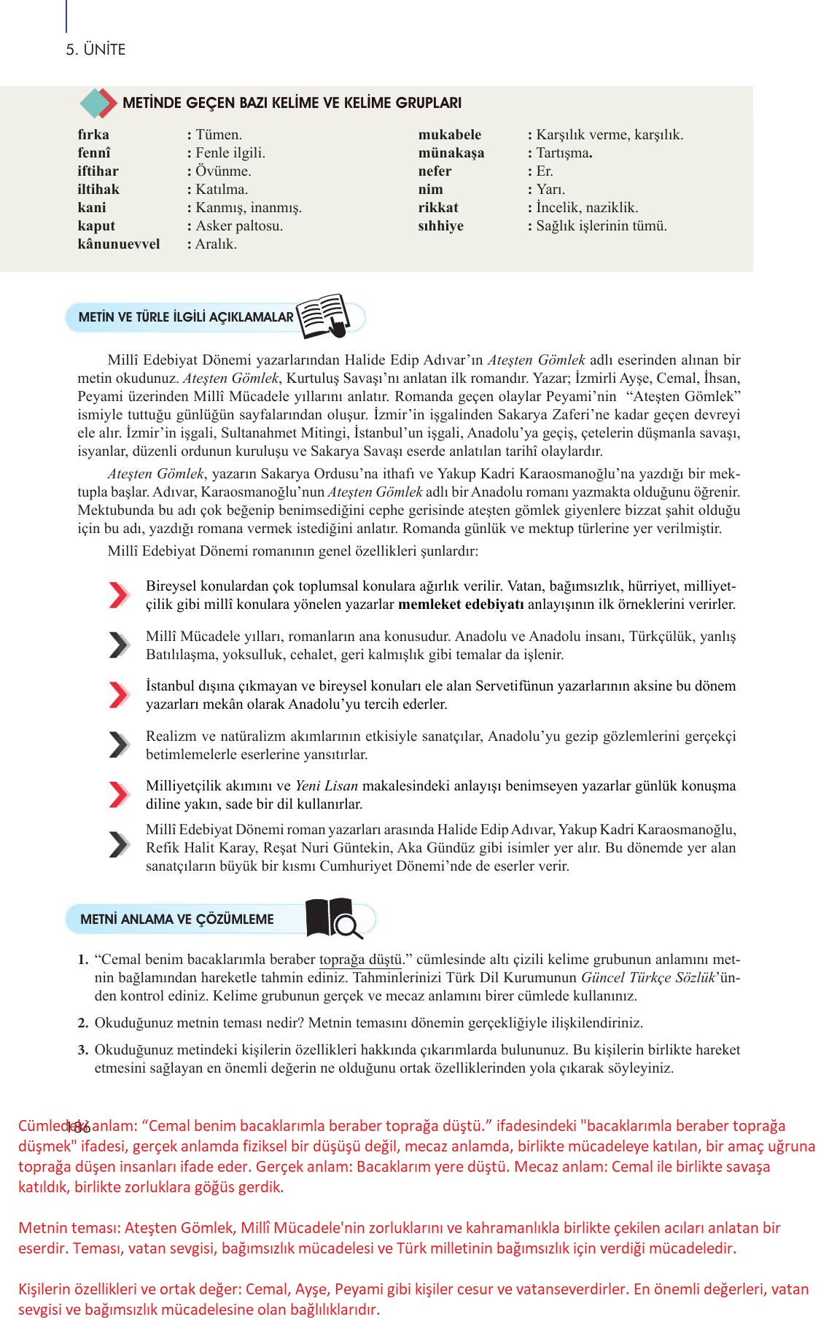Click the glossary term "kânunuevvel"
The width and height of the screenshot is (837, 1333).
(x=118, y=244)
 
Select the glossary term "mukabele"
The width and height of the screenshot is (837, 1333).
(x=449, y=135)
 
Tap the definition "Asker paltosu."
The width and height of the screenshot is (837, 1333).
(x=239, y=226)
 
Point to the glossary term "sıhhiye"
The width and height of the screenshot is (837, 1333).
(x=440, y=226)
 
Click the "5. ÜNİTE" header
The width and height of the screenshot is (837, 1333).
(x=96, y=50)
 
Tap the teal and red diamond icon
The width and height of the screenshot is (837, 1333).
(x=98, y=104)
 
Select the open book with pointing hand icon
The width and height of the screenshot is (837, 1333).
(x=323, y=316)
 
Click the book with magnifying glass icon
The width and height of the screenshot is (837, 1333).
(x=333, y=918)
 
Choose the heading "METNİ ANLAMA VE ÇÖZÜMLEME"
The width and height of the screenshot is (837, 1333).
(x=177, y=920)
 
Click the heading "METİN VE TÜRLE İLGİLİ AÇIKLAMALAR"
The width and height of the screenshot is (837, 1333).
(x=179, y=317)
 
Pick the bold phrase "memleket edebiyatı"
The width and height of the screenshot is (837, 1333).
(x=461, y=605)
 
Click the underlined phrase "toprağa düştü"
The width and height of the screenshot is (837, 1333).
(x=360, y=960)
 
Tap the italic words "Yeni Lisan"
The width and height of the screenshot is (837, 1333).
(x=326, y=786)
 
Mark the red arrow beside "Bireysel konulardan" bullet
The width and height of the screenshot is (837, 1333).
(x=119, y=595)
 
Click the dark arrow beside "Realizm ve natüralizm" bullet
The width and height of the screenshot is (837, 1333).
(x=119, y=745)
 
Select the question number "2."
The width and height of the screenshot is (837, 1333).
(x=83, y=1023)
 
